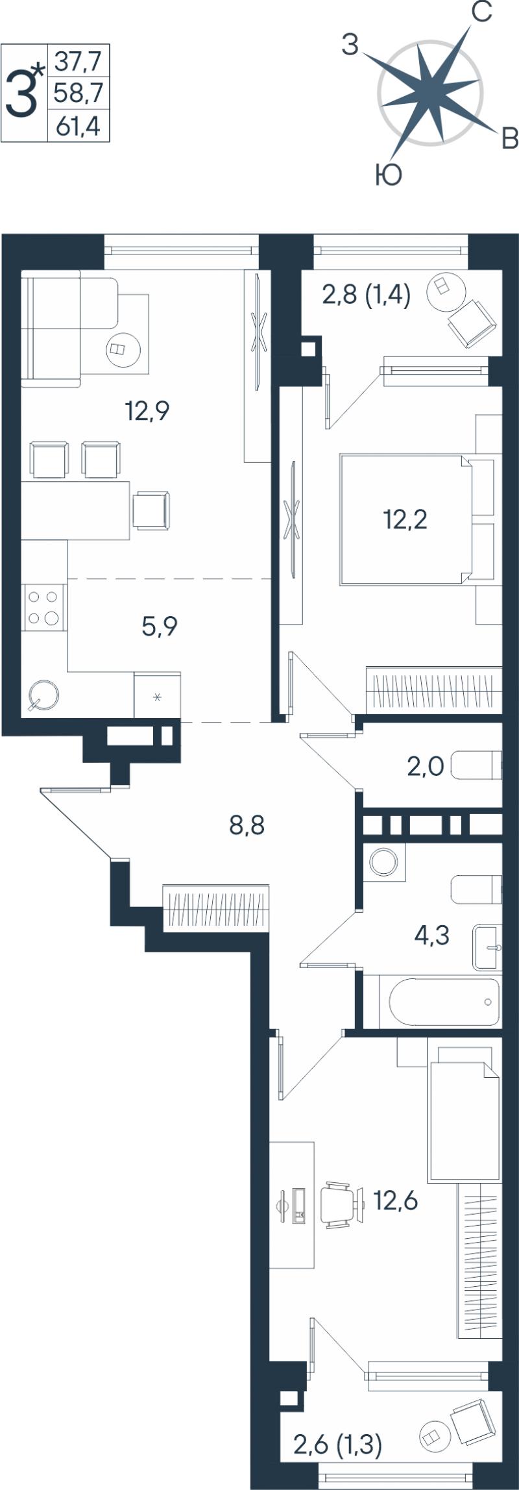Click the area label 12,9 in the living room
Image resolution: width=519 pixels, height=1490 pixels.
147,411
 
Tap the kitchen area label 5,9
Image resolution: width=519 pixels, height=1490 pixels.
160,626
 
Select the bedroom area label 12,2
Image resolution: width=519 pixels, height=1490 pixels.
405,519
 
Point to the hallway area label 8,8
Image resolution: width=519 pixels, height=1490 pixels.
247,826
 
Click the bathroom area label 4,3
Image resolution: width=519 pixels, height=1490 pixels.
432,936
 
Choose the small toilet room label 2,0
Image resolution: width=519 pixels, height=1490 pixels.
426,767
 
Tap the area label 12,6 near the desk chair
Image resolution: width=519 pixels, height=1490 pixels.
396,1201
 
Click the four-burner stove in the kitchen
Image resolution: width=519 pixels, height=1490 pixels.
44,607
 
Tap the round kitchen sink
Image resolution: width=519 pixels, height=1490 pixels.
43,695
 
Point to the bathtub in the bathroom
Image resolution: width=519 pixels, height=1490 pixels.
444,1001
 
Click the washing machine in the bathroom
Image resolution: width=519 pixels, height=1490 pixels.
384,862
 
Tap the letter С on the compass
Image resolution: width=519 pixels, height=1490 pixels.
481,12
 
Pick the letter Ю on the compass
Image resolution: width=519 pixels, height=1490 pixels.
389,175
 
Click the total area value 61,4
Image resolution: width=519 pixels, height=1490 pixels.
78,125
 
